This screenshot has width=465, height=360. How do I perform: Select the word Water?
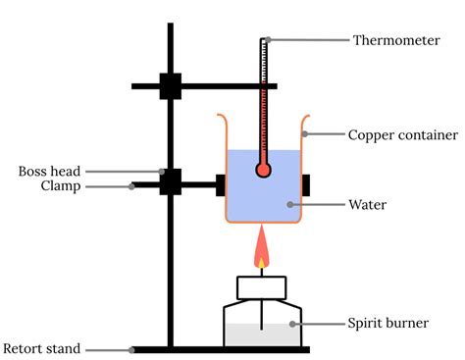[369, 205]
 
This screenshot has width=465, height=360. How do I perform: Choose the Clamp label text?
[60, 186]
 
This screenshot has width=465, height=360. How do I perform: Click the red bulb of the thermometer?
[263, 170]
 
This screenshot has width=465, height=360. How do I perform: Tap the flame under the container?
[262, 250]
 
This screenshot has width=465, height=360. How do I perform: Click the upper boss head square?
[171, 86]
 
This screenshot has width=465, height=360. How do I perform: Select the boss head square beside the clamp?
[171, 181]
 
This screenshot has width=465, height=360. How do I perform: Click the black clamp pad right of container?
[307, 183]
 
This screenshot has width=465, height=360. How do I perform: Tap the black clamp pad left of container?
[221, 183]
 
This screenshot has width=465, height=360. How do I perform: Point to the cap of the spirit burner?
[262, 287]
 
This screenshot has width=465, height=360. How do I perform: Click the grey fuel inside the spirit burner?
[262, 334]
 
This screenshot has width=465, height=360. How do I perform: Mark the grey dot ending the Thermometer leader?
[266, 40]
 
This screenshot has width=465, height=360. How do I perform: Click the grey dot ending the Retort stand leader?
[131, 348]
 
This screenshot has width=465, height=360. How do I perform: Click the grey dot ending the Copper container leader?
[303, 133]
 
